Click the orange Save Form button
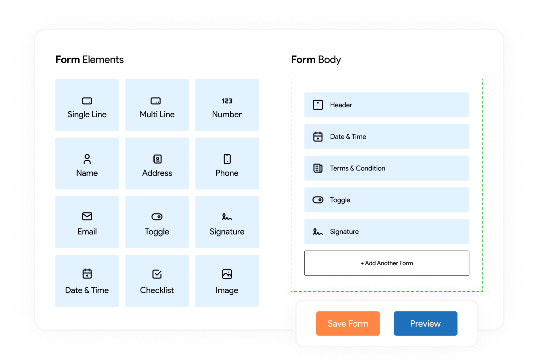coord(348,323)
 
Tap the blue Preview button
coord(425,323)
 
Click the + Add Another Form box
coord(387,263)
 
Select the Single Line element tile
coord(87,105)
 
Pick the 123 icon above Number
coord(227,101)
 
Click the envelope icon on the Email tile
coord(87,216)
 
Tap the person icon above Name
coord(87,159)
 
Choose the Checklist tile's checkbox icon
coord(157,274)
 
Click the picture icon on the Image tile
coord(227,274)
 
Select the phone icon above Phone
coord(227,159)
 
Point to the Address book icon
coord(157,159)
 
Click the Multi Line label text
coord(157,114)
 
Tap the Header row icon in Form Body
coord(318,105)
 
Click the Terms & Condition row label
coord(358,168)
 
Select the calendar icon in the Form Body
coord(318,137)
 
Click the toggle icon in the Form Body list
coord(318,200)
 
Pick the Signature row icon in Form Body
coord(318,232)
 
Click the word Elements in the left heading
coord(103,60)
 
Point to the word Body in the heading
coord(329,60)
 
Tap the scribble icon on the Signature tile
coord(227,217)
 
